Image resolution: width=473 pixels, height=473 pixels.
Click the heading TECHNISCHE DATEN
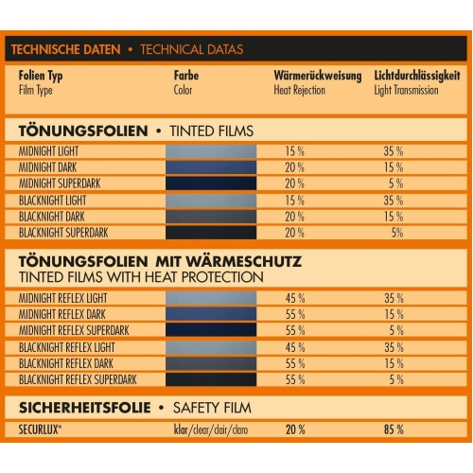[65, 48]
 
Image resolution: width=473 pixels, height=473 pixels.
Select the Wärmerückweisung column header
[312, 74]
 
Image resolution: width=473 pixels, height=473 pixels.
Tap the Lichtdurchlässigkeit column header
[416, 74]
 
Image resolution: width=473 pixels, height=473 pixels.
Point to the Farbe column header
[186, 74]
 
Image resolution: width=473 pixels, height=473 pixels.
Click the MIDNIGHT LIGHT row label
[55, 150]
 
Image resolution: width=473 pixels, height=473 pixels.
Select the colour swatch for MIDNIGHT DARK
[210, 167]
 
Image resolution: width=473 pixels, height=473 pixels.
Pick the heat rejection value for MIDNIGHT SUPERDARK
[294, 184]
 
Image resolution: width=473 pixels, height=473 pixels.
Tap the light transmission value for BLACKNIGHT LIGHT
[394, 201]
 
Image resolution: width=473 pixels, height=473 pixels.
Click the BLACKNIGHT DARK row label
[58, 217]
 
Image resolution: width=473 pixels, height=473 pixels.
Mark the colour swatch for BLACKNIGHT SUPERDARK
[210, 233]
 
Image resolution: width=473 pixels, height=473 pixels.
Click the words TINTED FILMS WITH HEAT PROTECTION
[140, 277]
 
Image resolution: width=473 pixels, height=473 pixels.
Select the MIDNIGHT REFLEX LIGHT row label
[70, 299]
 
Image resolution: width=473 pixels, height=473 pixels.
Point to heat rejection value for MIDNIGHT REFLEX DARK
[294, 315]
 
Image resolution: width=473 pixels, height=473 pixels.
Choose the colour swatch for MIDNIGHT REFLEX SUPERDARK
[210, 331]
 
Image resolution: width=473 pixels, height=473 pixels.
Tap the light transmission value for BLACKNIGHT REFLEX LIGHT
[394, 347]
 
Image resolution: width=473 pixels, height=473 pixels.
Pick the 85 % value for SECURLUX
[394, 429]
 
